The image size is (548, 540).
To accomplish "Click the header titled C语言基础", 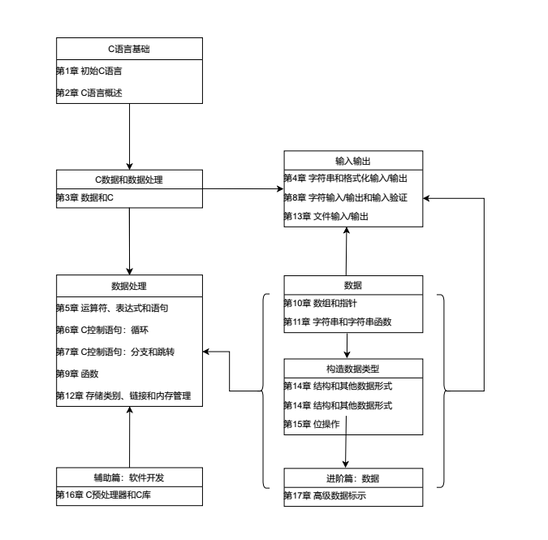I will (x=130, y=50).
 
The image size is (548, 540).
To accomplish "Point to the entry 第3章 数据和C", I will (x=84, y=197).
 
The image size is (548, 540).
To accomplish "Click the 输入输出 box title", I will (x=353, y=161).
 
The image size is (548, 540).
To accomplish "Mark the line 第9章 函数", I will (x=77, y=374).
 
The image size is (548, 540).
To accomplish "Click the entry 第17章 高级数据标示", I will (x=325, y=495).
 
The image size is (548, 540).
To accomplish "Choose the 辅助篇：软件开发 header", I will (x=130, y=477).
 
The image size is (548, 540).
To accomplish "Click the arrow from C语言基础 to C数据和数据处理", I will (x=130, y=138).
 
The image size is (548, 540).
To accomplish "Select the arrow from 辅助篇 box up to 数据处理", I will (x=130, y=438).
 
